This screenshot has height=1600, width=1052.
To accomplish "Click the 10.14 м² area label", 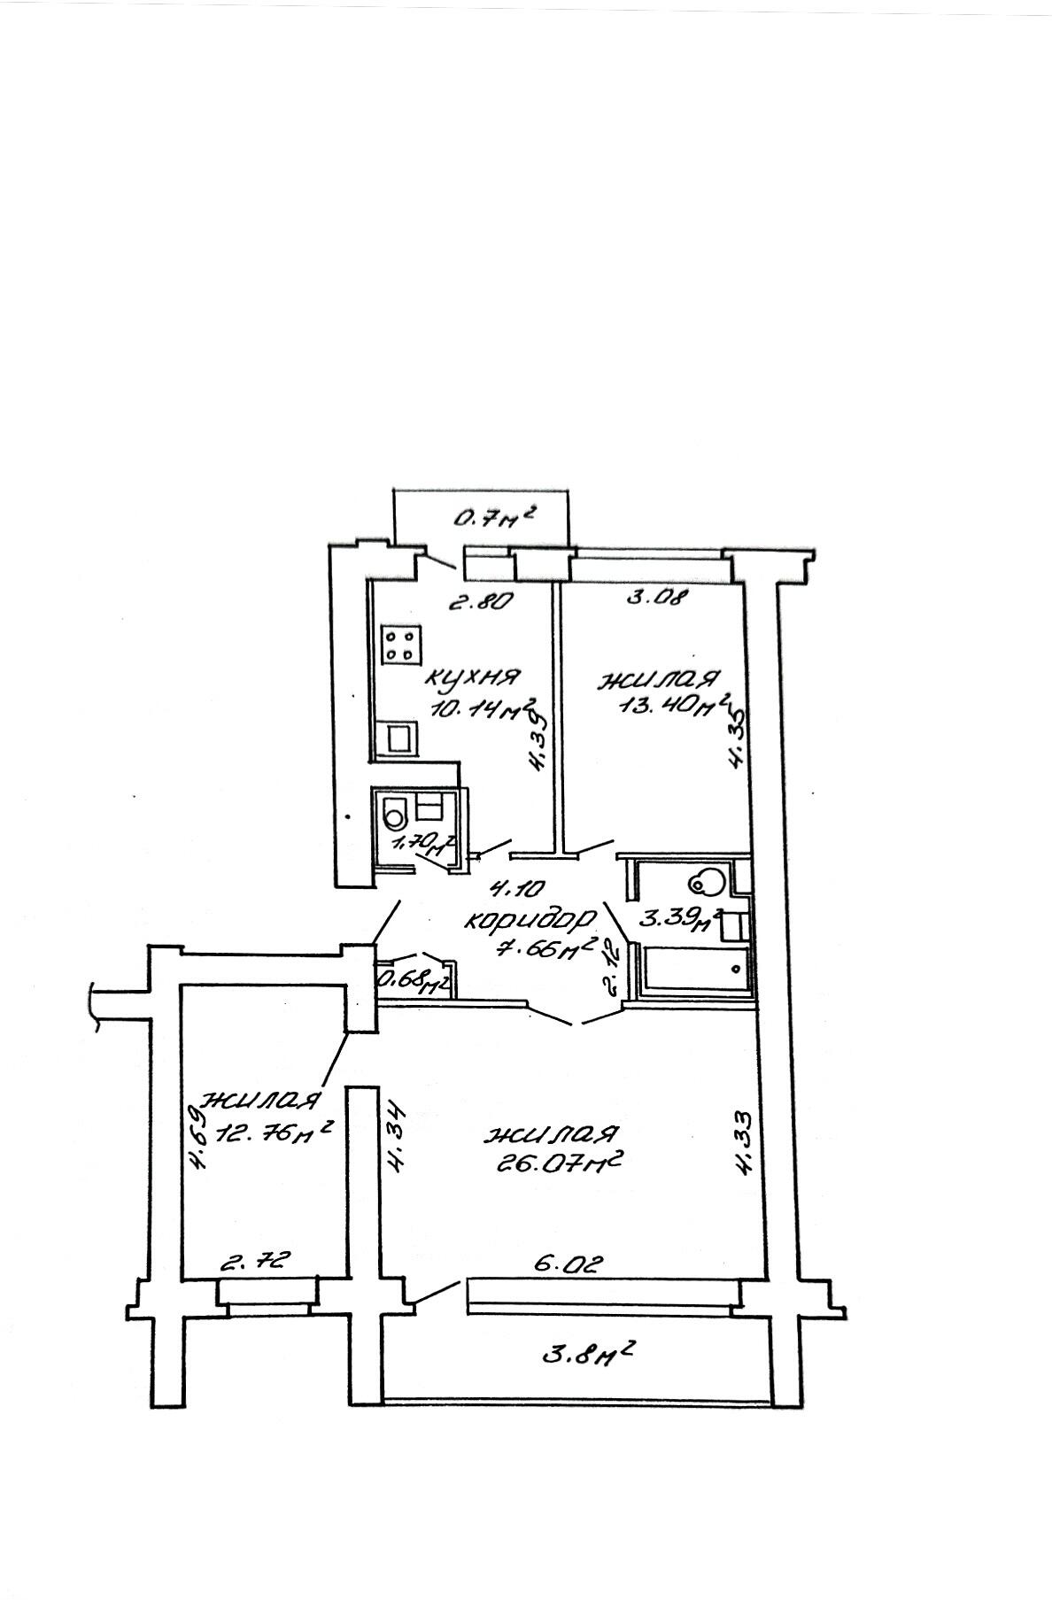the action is pyautogui.click(x=483, y=709).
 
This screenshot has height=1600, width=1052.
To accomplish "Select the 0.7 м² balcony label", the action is pyautogui.click(x=496, y=516).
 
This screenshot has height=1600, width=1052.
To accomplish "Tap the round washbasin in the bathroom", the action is pyautogui.click(x=707, y=882).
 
